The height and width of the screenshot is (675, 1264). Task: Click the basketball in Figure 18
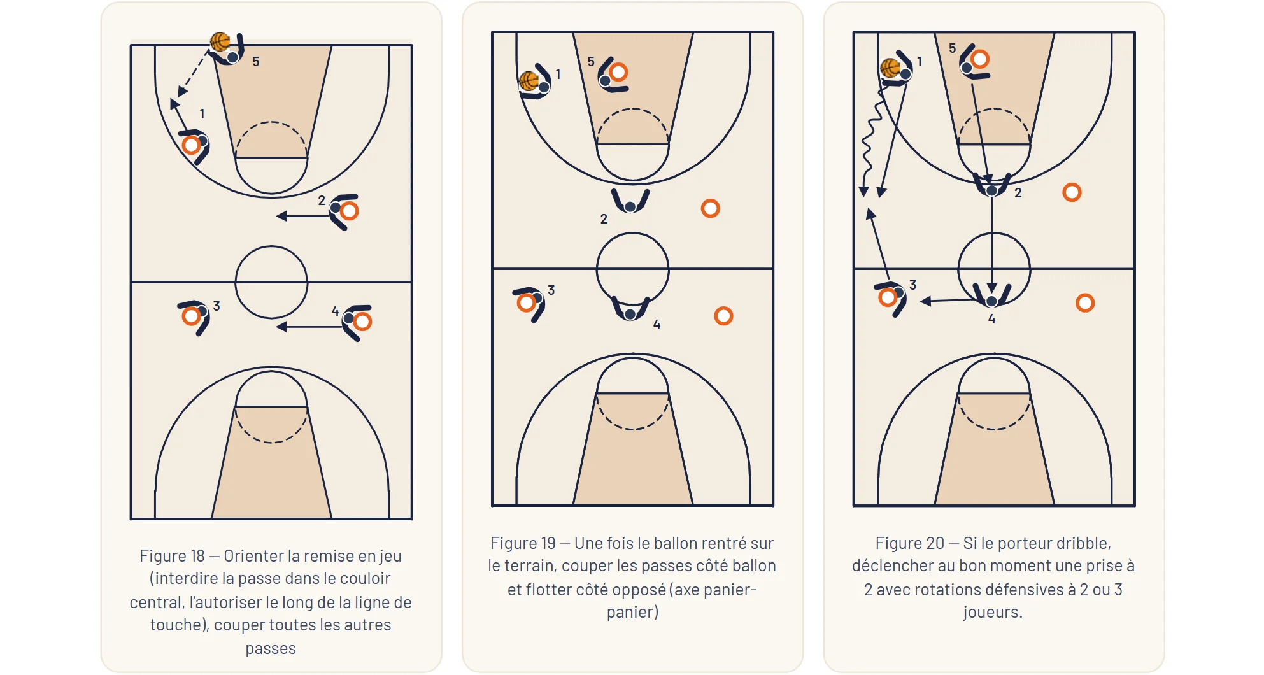coord(220,41)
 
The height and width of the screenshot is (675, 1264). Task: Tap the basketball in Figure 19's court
coord(529,81)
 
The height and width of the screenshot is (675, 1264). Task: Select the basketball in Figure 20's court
coord(890,67)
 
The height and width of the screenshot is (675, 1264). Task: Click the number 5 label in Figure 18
coord(255,62)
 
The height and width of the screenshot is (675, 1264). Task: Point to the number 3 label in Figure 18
coord(217,306)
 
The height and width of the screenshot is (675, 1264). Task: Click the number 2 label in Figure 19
coord(604,219)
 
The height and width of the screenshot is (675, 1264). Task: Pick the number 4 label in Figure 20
coord(991,319)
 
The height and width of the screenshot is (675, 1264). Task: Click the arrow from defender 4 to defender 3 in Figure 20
coord(952,301)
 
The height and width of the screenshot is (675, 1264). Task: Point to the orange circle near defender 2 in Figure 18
coord(349,211)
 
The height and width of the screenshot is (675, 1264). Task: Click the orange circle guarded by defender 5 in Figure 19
coord(618,72)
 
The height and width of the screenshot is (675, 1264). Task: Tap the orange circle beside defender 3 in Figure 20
coord(888,297)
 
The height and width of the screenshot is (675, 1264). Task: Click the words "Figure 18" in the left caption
coord(172,556)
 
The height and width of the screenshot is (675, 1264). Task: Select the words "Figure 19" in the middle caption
coord(523,543)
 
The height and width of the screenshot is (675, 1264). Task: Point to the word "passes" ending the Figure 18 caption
coord(271,649)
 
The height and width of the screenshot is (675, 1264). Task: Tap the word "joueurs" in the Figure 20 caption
coord(993,613)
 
